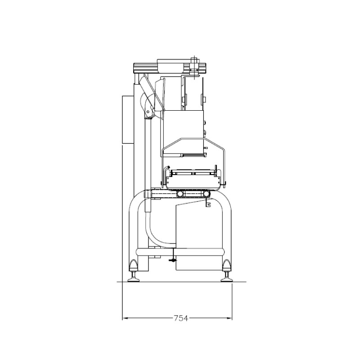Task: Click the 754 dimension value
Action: click(x=181, y=318)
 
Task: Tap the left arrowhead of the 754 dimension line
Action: click(x=125, y=318)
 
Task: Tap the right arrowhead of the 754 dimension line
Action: click(x=229, y=318)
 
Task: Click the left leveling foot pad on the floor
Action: click(x=133, y=279)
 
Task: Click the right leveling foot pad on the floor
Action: click(x=227, y=279)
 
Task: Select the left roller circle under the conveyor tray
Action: click(x=180, y=194)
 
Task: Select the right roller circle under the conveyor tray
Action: click(x=207, y=194)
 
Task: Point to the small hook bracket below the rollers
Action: click(x=208, y=203)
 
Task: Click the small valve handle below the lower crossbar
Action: click(x=173, y=260)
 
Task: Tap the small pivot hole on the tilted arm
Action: click(x=148, y=112)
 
